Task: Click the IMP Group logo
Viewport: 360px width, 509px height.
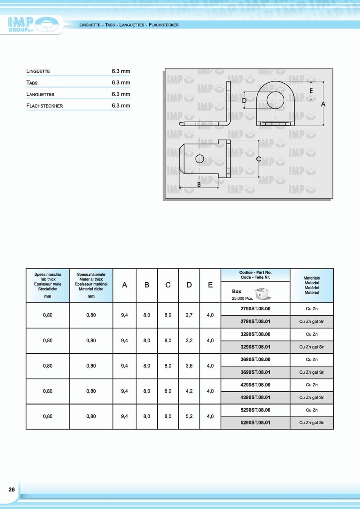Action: [33, 25]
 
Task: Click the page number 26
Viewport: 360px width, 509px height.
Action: [12, 489]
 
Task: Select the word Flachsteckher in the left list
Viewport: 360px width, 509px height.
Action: [44, 106]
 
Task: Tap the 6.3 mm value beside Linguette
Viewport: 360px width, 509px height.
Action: [121, 71]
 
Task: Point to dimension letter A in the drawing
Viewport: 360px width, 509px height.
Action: [323, 104]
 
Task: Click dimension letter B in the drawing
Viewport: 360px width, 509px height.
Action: [199, 184]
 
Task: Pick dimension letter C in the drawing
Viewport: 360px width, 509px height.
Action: [259, 159]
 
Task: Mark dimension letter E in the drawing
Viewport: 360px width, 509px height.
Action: [311, 91]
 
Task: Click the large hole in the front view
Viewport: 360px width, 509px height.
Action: [275, 100]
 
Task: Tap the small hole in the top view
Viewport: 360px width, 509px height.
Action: [200, 159]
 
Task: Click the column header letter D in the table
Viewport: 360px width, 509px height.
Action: [189, 285]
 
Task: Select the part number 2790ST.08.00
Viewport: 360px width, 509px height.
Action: [255, 309]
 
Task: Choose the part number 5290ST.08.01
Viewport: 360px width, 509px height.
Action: [255, 423]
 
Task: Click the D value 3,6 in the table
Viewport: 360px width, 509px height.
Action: [189, 366]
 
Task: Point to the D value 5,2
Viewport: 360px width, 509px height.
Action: [189, 416]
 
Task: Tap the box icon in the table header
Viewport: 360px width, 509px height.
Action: [263, 293]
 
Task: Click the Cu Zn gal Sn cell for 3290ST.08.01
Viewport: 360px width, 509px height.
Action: [312, 347]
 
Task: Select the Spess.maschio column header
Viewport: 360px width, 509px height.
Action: [48, 285]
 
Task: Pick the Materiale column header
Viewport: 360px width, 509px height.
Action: [312, 285]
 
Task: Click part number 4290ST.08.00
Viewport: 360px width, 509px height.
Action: [255, 385]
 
